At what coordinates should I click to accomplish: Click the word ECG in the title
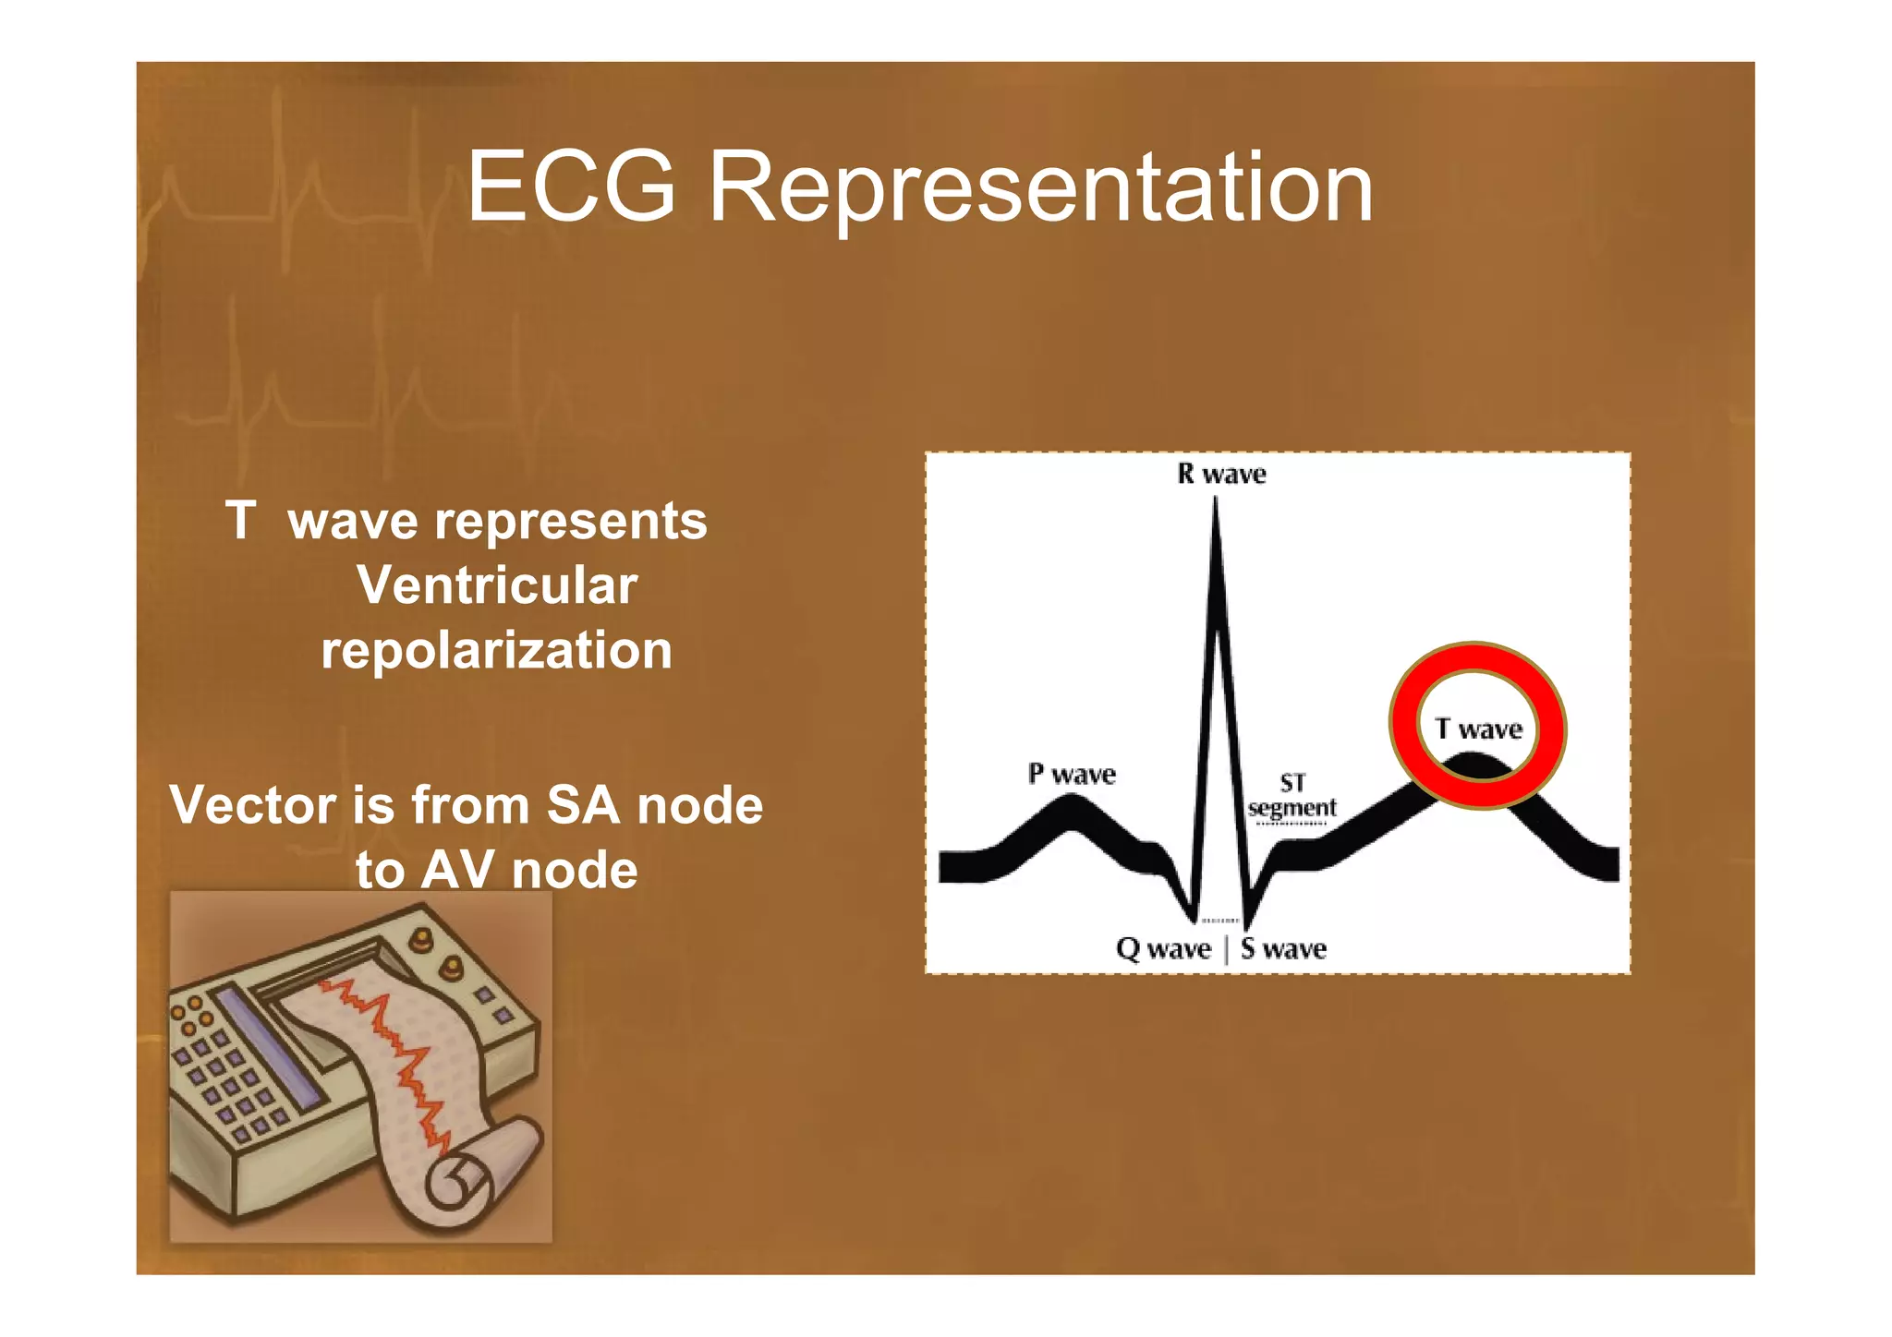[x=571, y=187]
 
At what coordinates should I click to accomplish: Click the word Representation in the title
[x=1040, y=189]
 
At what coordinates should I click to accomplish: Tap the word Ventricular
[x=497, y=585]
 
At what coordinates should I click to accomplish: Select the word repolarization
[x=496, y=650]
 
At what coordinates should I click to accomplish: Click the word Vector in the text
[x=252, y=805]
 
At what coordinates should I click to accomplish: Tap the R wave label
[x=1221, y=475]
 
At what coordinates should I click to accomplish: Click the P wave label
[x=1072, y=774]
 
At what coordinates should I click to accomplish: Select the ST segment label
[x=1292, y=796]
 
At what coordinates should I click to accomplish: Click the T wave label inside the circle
[x=1478, y=729]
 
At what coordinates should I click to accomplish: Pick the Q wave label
[x=1163, y=949]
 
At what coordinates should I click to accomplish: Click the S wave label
[x=1283, y=949]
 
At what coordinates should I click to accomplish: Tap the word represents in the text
[x=571, y=523]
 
